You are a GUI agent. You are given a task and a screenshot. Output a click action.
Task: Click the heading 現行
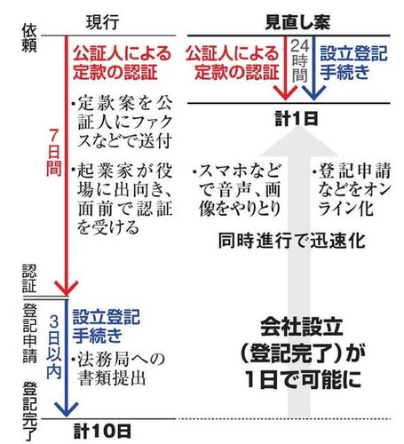[103, 22]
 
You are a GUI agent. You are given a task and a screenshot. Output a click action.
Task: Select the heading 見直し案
[297, 22]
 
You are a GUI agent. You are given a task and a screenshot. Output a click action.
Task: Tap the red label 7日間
[53, 152]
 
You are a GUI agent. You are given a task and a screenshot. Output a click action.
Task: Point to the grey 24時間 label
[299, 60]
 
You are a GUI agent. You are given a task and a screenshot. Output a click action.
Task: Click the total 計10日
[102, 431]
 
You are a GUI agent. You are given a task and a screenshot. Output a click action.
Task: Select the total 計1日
[297, 118]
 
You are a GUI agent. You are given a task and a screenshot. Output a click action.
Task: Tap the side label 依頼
[29, 38]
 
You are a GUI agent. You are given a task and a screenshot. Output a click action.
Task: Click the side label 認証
[29, 279]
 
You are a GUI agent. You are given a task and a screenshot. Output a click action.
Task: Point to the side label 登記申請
[29, 333]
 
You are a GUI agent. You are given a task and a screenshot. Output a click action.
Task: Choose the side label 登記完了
[29, 411]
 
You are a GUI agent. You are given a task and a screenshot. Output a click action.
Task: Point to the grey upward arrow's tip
[299, 128]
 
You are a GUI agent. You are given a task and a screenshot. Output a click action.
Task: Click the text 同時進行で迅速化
[291, 241]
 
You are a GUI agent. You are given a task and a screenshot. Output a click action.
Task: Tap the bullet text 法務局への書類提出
[118, 369]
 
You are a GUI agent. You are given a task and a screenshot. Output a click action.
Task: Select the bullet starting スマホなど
[236, 190]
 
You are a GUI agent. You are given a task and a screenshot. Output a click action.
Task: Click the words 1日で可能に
[303, 379]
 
